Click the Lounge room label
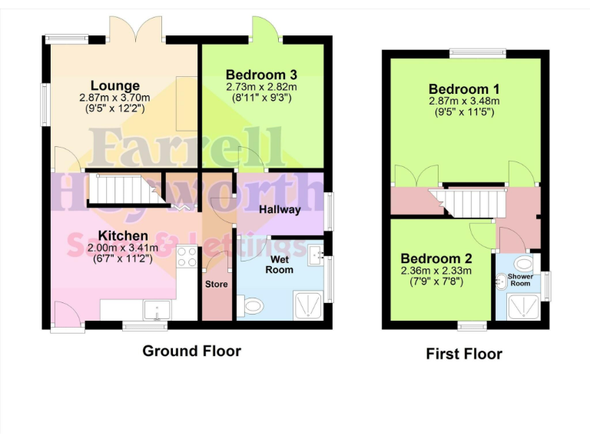(x=115, y=85)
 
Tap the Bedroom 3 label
(x=261, y=75)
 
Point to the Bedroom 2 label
(x=436, y=258)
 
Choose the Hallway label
(x=280, y=208)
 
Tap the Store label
(x=216, y=284)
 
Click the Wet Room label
(x=280, y=265)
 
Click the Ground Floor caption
(x=191, y=351)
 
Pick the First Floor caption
(x=464, y=354)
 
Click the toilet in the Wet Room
(x=250, y=307)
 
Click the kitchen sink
(x=158, y=310)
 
